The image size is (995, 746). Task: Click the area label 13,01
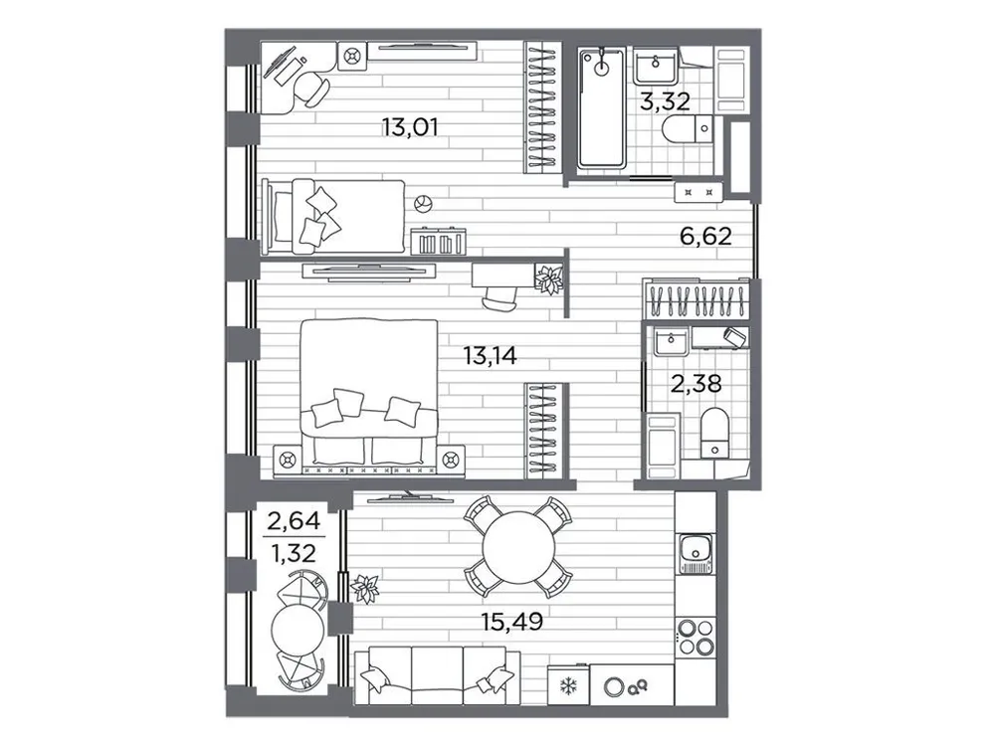click(x=410, y=126)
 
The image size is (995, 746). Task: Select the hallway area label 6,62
click(x=702, y=237)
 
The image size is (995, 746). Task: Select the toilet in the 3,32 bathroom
click(x=691, y=131)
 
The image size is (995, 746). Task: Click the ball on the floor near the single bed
click(x=423, y=204)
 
